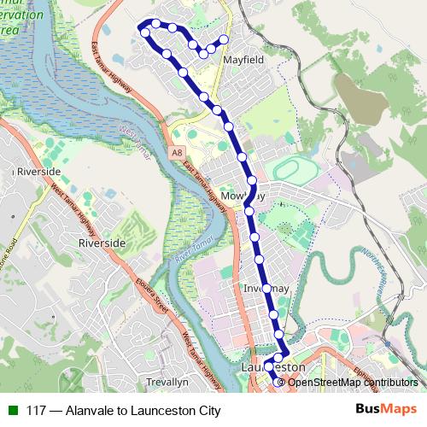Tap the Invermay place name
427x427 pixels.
click(x=268, y=289)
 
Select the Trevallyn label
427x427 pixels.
click(x=167, y=383)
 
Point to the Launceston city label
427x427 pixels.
click(x=274, y=366)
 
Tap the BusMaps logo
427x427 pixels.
click(x=386, y=411)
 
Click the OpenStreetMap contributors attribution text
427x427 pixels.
click(x=352, y=382)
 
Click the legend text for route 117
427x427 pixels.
click(x=123, y=411)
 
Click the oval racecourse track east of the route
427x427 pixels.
click(x=296, y=169)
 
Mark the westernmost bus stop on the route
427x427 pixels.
click(x=144, y=32)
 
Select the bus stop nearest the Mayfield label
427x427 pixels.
click(x=224, y=39)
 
